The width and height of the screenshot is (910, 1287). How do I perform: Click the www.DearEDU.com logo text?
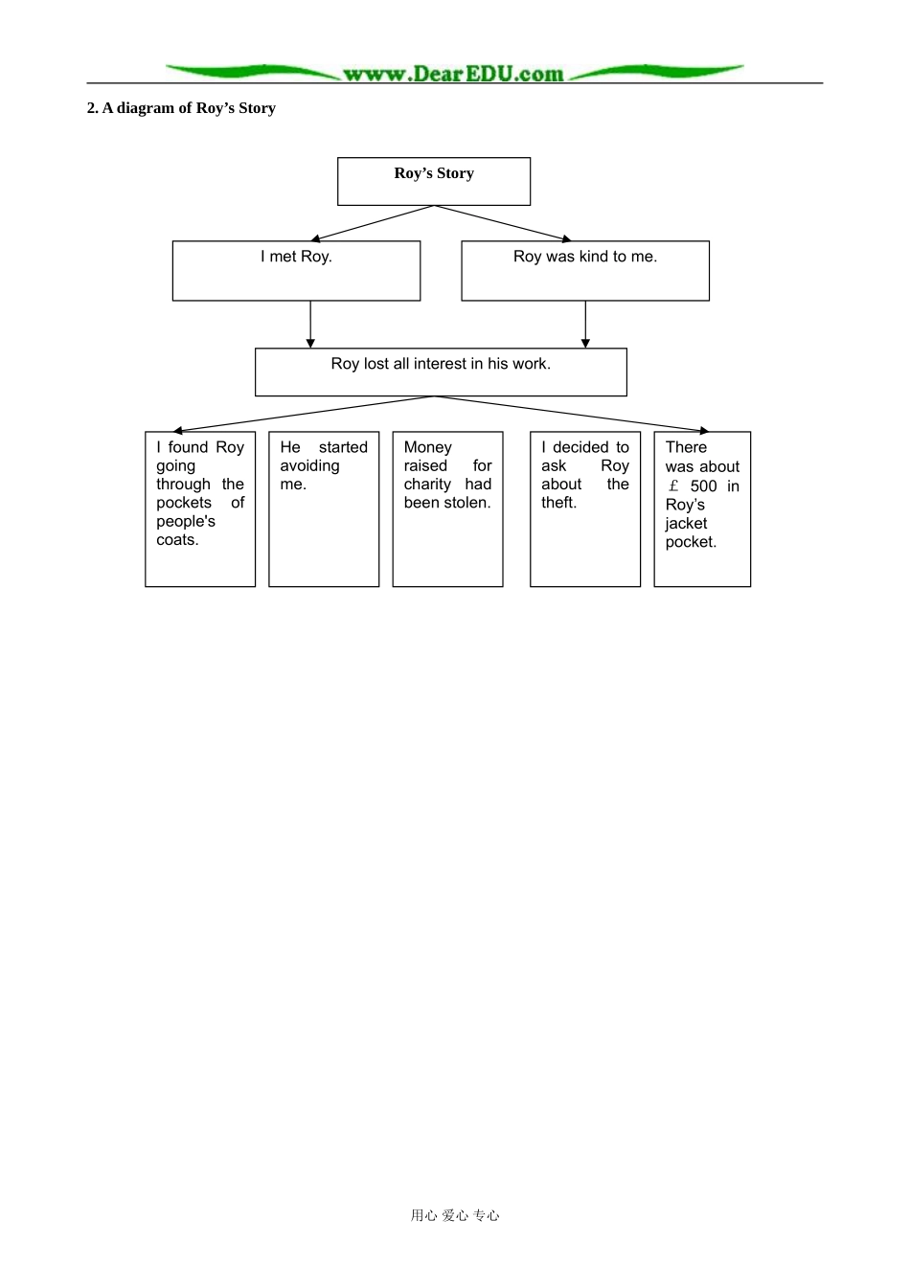(x=453, y=74)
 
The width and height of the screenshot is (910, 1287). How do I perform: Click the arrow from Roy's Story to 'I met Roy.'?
(x=373, y=223)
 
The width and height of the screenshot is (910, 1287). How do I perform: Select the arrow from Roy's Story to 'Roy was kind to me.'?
(x=503, y=223)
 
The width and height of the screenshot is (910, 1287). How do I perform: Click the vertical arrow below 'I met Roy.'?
(x=310, y=324)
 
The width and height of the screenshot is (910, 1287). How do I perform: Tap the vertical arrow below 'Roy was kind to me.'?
(x=586, y=324)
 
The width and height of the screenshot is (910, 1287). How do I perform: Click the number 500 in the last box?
(x=704, y=486)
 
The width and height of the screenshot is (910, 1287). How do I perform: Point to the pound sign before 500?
(x=673, y=486)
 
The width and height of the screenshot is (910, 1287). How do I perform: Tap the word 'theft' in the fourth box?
(x=557, y=503)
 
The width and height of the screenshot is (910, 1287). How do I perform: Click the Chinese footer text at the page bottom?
(x=455, y=1215)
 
